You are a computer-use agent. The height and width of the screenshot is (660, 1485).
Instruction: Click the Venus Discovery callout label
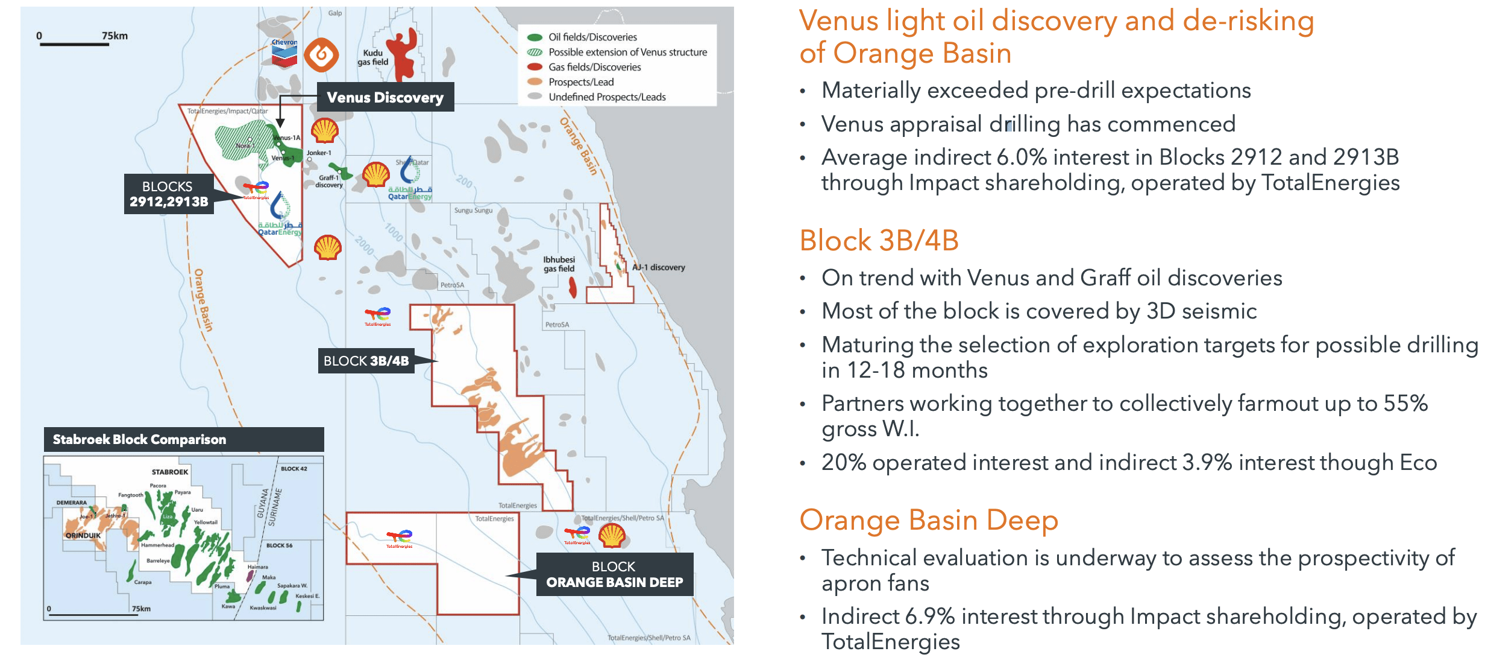click(x=385, y=97)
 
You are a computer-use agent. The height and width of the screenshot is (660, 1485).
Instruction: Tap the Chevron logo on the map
click(x=284, y=53)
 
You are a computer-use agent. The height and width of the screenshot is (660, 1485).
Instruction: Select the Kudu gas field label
click(x=372, y=57)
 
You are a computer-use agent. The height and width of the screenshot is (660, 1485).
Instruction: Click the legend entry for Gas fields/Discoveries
click(x=594, y=67)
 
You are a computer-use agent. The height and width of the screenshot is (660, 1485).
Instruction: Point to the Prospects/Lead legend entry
click(x=580, y=82)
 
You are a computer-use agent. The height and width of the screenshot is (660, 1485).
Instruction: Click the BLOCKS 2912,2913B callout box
click(x=168, y=194)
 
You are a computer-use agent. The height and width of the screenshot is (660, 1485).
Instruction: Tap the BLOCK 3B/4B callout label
click(x=366, y=361)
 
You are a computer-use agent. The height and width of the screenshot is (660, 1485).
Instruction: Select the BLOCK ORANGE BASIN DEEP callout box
click(x=614, y=574)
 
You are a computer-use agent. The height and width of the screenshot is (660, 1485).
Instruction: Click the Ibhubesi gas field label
click(x=559, y=264)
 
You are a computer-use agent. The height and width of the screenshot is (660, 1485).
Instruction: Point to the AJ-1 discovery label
click(x=658, y=267)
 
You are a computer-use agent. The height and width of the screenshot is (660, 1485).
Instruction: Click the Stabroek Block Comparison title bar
click(x=183, y=439)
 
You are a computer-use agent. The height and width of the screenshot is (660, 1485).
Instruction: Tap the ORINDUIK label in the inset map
click(x=83, y=535)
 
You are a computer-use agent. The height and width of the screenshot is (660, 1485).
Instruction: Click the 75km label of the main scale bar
click(x=115, y=36)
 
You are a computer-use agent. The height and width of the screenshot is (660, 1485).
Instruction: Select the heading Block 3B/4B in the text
click(x=878, y=241)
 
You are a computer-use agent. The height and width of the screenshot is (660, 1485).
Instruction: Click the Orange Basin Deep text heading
click(x=928, y=520)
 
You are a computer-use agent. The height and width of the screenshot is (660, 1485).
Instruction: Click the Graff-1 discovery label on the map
click(x=329, y=181)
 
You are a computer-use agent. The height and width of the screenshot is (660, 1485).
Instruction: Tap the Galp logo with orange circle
click(x=321, y=55)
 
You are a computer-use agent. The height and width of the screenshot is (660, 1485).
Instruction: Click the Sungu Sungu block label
click(x=473, y=211)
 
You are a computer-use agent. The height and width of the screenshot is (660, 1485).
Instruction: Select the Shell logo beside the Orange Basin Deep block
click(x=612, y=535)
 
